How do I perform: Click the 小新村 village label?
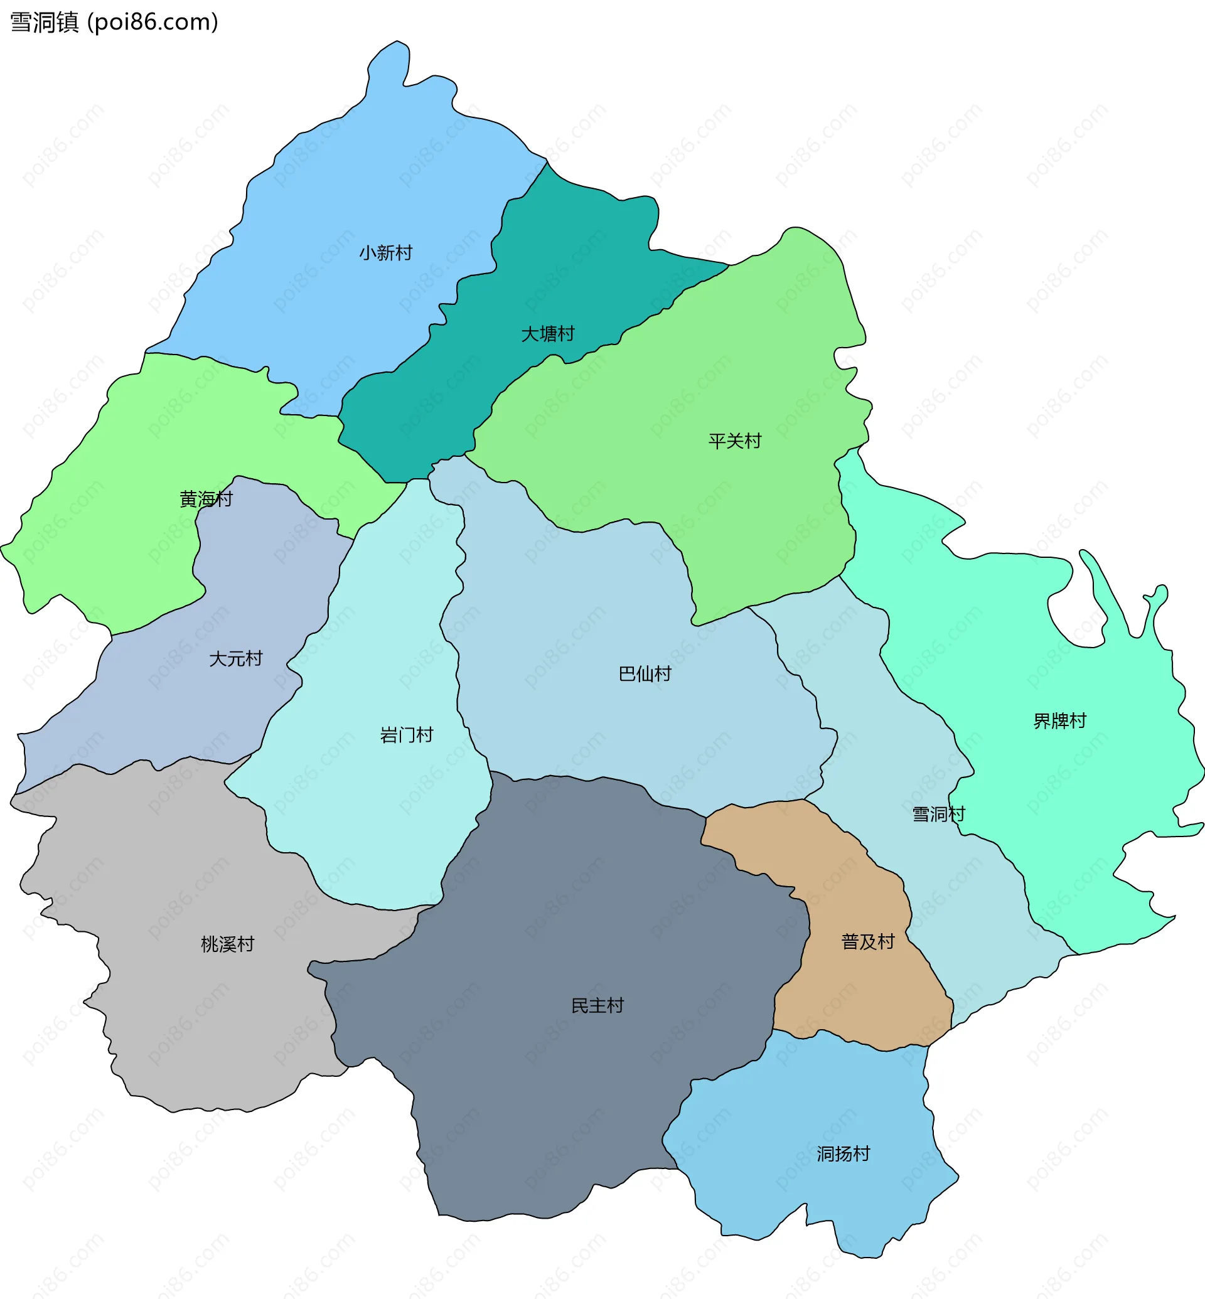point(385,252)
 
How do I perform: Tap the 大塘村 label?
point(547,334)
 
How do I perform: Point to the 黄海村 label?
point(206,499)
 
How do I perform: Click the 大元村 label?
point(235,659)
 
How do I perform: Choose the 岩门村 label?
point(406,735)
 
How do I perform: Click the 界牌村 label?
point(1059,720)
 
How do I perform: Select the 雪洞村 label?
point(938,814)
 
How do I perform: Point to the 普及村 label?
point(868,941)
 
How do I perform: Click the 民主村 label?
point(597,1005)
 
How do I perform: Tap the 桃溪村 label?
point(227,944)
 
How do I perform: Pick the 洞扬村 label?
point(843,1153)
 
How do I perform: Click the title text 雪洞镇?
point(45,22)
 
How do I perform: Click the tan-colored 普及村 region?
point(854,992)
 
